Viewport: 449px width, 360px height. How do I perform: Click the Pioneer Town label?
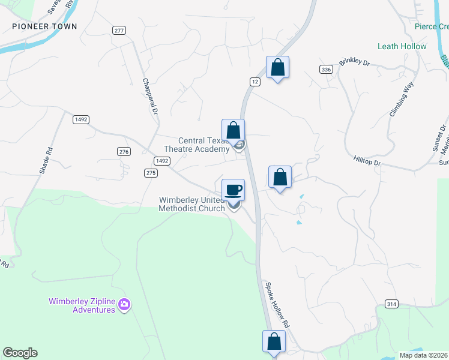(x=45, y=26)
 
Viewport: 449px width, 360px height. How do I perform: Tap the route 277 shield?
(x=118, y=30)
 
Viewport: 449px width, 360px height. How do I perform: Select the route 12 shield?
(x=255, y=81)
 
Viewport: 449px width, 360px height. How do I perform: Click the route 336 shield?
(x=326, y=70)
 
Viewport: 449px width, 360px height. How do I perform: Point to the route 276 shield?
(x=124, y=152)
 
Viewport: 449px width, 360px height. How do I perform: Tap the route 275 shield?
(x=151, y=173)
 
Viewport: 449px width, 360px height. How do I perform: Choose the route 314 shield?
(x=391, y=304)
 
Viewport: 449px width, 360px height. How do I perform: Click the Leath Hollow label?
(x=402, y=46)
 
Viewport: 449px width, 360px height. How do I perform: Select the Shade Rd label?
(x=47, y=160)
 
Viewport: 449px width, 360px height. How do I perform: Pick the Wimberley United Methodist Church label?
(x=192, y=204)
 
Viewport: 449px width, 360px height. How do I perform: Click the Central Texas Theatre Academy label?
(x=196, y=145)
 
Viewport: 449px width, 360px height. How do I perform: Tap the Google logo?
(x=20, y=353)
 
